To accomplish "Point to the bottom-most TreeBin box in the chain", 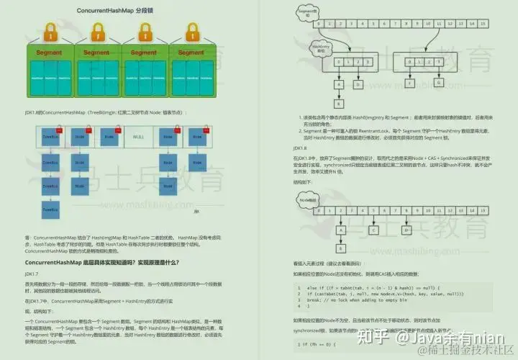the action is click(x=50, y=210).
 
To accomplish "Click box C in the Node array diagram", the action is click(x=375, y=230).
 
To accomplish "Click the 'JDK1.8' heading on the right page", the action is click(x=300, y=148).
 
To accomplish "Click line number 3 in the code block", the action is click(x=299, y=300).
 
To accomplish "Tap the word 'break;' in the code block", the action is click(x=317, y=300).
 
